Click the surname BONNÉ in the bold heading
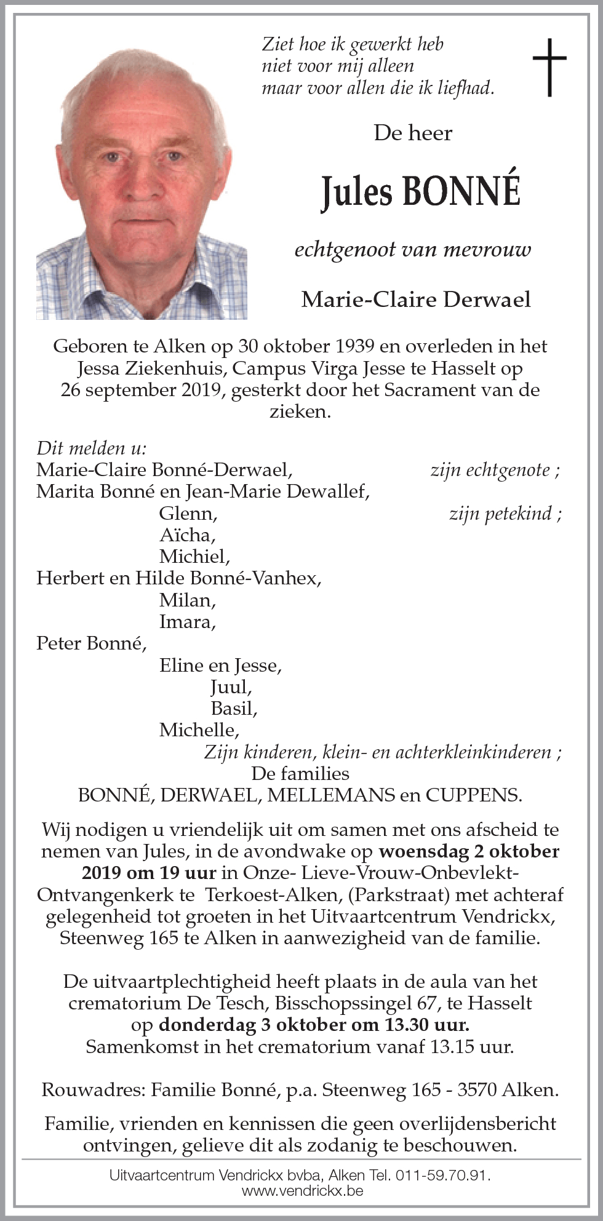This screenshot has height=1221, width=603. pyautogui.click(x=461, y=192)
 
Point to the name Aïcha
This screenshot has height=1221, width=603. pyautogui.click(x=187, y=534)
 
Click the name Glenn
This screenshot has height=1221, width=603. pyautogui.click(x=188, y=512)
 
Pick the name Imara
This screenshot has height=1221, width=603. pyautogui.click(x=187, y=621)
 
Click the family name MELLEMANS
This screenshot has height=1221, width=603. pyautogui.click(x=331, y=795)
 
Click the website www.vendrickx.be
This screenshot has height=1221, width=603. pyautogui.click(x=301, y=1190)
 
